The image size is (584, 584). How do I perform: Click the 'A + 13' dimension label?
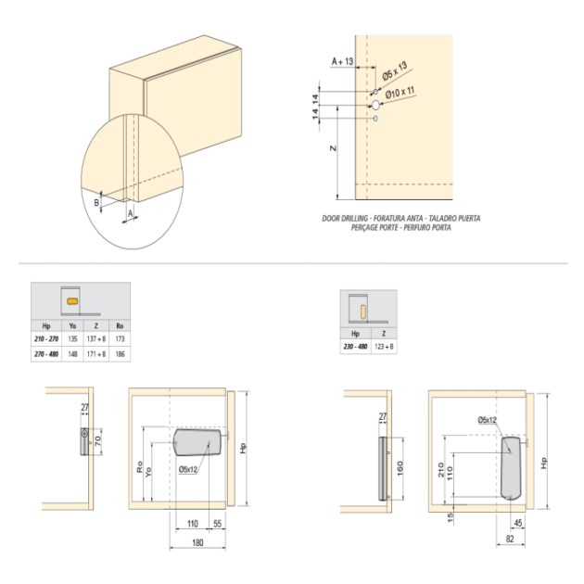(x=344, y=61)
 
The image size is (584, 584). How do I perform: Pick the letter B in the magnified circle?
(x=96, y=201)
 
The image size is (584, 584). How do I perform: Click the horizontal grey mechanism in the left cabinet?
(x=197, y=442)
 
